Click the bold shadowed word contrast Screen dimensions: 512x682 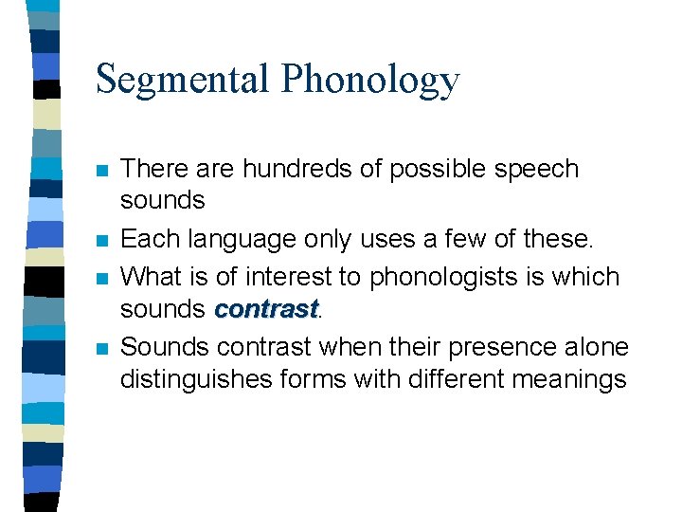tap(265, 309)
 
